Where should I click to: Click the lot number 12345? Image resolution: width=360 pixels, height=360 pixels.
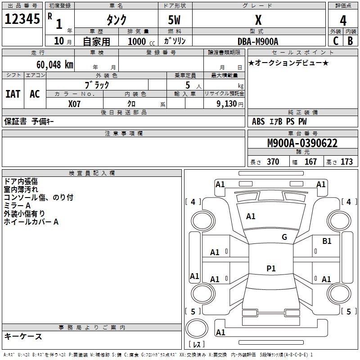(x=22, y=19)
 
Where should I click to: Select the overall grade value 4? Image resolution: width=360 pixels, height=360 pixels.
(x=343, y=21)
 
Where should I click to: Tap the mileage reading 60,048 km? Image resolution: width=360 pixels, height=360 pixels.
(x=55, y=65)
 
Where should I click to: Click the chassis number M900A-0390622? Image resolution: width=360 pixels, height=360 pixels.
(x=302, y=143)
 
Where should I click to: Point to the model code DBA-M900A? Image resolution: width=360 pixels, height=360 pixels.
(x=258, y=41)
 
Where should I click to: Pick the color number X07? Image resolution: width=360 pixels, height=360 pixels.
(x=74, y=104)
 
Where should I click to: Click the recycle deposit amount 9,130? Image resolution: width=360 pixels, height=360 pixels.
(x=227, y=104)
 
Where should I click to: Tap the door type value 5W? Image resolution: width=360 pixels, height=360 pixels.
(x=174, y=20)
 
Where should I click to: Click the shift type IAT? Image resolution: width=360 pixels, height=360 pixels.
(x=13, y=94)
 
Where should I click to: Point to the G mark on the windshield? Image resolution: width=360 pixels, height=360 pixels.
(x=284, y=237)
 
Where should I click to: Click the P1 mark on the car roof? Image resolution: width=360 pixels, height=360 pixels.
(x=271, y=268)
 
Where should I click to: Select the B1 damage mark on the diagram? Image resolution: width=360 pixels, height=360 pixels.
(x=327, y=241)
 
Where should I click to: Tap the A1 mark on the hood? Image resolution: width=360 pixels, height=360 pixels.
(x=251, y=216)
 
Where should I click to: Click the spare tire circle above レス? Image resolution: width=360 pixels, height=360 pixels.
(x=197, y=328)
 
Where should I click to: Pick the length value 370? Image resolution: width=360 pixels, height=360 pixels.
(x=273, y=162)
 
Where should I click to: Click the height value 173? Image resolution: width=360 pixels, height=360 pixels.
(x=346, y=162)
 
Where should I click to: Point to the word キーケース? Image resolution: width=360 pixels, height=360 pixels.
(x=23, y=336)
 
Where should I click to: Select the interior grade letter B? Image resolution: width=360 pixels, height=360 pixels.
(x=351, y=41)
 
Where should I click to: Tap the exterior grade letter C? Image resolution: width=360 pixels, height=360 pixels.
(x=336, y=41)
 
